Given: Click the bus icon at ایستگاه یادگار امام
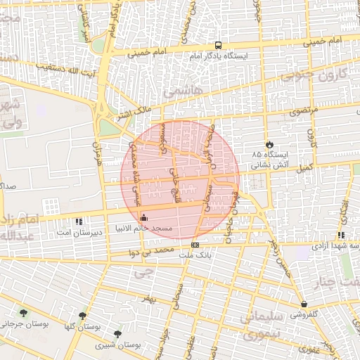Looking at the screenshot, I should click(217, 46).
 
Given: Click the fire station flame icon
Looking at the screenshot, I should click(268, 144).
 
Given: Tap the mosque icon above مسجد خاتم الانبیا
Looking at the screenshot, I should click(144, 217).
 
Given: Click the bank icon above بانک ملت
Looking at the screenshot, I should click(195, 245).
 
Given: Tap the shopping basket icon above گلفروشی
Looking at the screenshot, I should click(304, 304).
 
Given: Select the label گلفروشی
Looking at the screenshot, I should click(304, 315).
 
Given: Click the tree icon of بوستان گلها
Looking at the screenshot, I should click(82, 316).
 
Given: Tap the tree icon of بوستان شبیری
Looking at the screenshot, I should click(117, 334).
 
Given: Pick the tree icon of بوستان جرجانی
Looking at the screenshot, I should click(24, 313).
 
